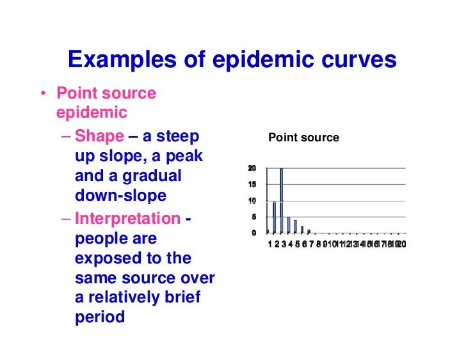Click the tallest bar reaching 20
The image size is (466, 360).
(281, 200)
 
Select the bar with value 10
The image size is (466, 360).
(274, 216)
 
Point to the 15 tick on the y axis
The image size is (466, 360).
(252, 185)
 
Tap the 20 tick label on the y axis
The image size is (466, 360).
(252, 168)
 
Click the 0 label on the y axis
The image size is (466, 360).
(253, 233)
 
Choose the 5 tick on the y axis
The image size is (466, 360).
(253, 217)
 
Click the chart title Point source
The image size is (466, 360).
(303, 137)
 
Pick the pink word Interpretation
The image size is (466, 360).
(127, 219)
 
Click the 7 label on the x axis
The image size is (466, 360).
(310, 244)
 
